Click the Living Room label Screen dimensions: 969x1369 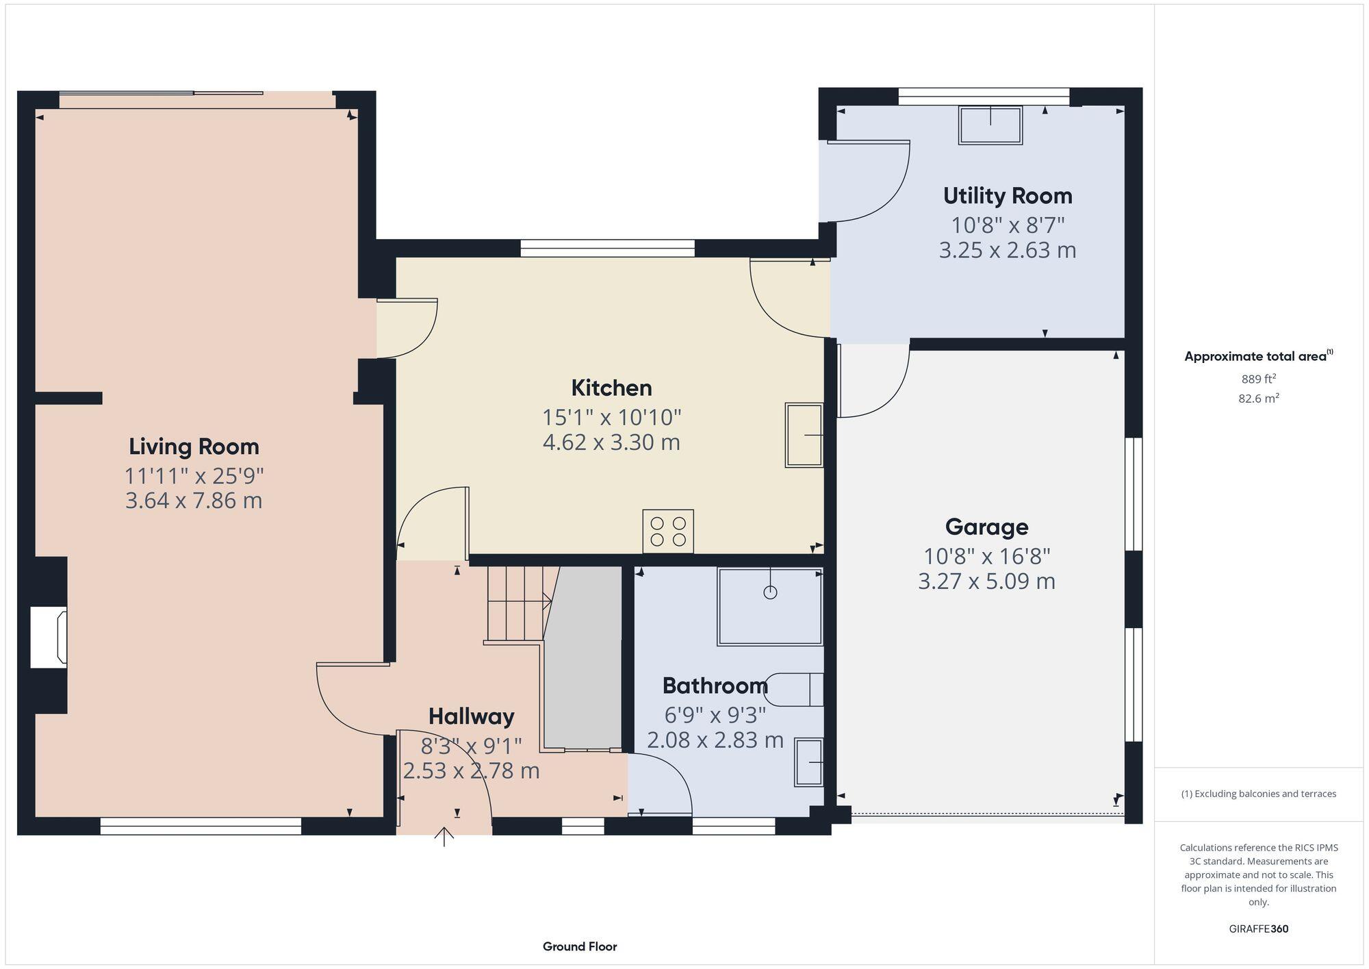tap(194, 446)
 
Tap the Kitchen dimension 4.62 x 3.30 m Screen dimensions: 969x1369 tap(611, 442)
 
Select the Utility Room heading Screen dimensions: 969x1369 tap(1007, 196)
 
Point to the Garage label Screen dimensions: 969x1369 tap(986, 527)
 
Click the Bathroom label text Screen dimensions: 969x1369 tap(715, 685)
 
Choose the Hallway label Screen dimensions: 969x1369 tap(471, 716)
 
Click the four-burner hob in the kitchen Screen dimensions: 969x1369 tap(667, 531)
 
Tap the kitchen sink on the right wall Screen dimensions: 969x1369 tap(804, 435)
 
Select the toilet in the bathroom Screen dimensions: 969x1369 tap(794, 690)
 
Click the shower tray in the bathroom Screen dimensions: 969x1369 tap(769, 607)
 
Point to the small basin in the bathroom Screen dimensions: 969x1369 tap(808, 762)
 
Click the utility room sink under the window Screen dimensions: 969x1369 tap(990, 125)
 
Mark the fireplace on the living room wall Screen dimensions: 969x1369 tap(49, 638)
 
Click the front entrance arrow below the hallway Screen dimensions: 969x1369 tap(444, 836)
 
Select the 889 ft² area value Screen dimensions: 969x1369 tap(1258, 379)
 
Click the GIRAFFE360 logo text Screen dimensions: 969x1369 tap(1258, 929)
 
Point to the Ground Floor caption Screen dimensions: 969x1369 tap(580, 946)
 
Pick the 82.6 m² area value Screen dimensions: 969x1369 tap(1258, 399)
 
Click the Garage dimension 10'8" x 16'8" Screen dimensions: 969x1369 tap(986, 556)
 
